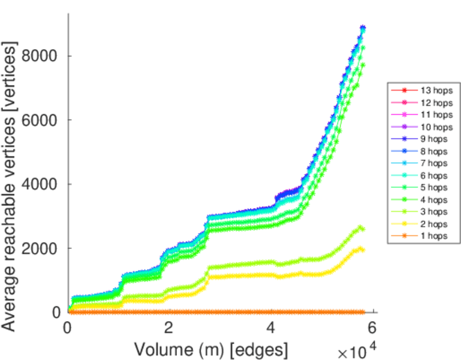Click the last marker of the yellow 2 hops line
(x=363, y=250)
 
